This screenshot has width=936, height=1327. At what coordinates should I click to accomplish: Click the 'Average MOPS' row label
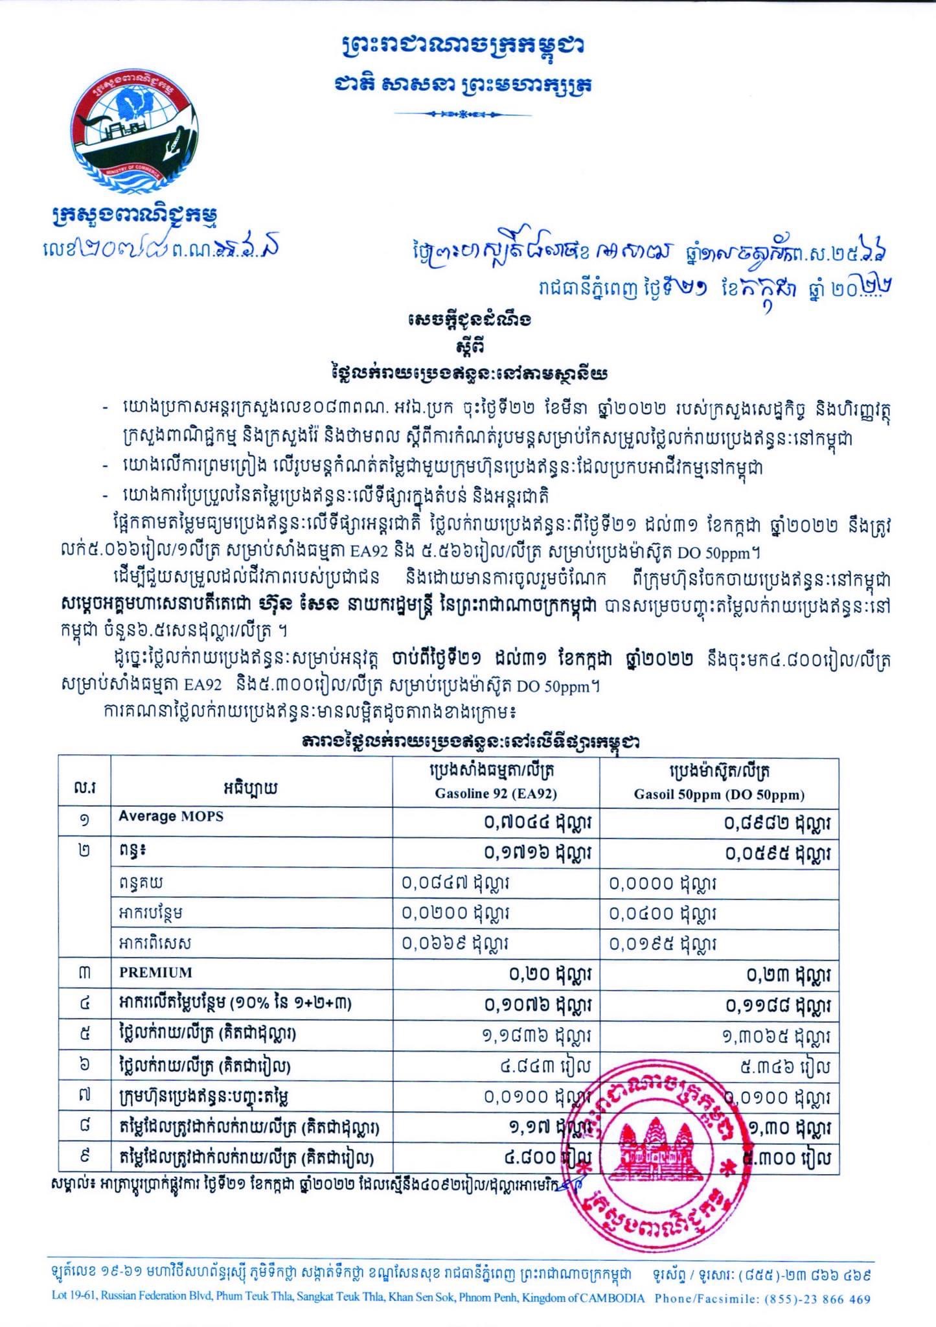[170, 816]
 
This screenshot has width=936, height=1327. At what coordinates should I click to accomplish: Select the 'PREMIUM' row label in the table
[155, 973]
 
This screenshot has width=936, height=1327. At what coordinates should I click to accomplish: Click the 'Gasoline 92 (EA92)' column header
[496, 794]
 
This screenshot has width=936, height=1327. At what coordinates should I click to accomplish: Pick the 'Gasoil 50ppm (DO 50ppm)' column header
[719, 794]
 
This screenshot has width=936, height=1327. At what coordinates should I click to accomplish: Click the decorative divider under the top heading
[463, 114]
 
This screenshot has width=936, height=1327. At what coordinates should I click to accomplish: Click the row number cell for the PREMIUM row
[84, 973]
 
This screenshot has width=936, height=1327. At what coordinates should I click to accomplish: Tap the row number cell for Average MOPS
[84, 820]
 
